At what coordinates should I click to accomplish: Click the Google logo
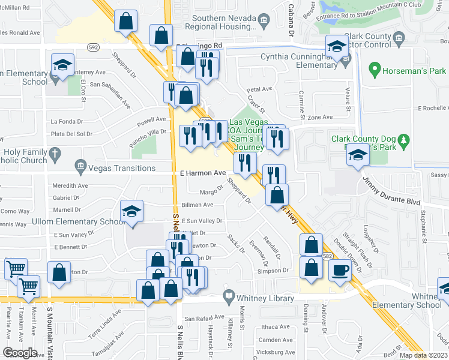(x=20, y=353)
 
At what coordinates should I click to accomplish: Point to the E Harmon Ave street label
(x=203, y=173)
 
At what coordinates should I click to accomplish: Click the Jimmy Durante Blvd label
(x=390, y=191)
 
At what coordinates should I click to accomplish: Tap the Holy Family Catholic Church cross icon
(x=55, y=154)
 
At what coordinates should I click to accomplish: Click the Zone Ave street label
(x=319, y=118)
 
